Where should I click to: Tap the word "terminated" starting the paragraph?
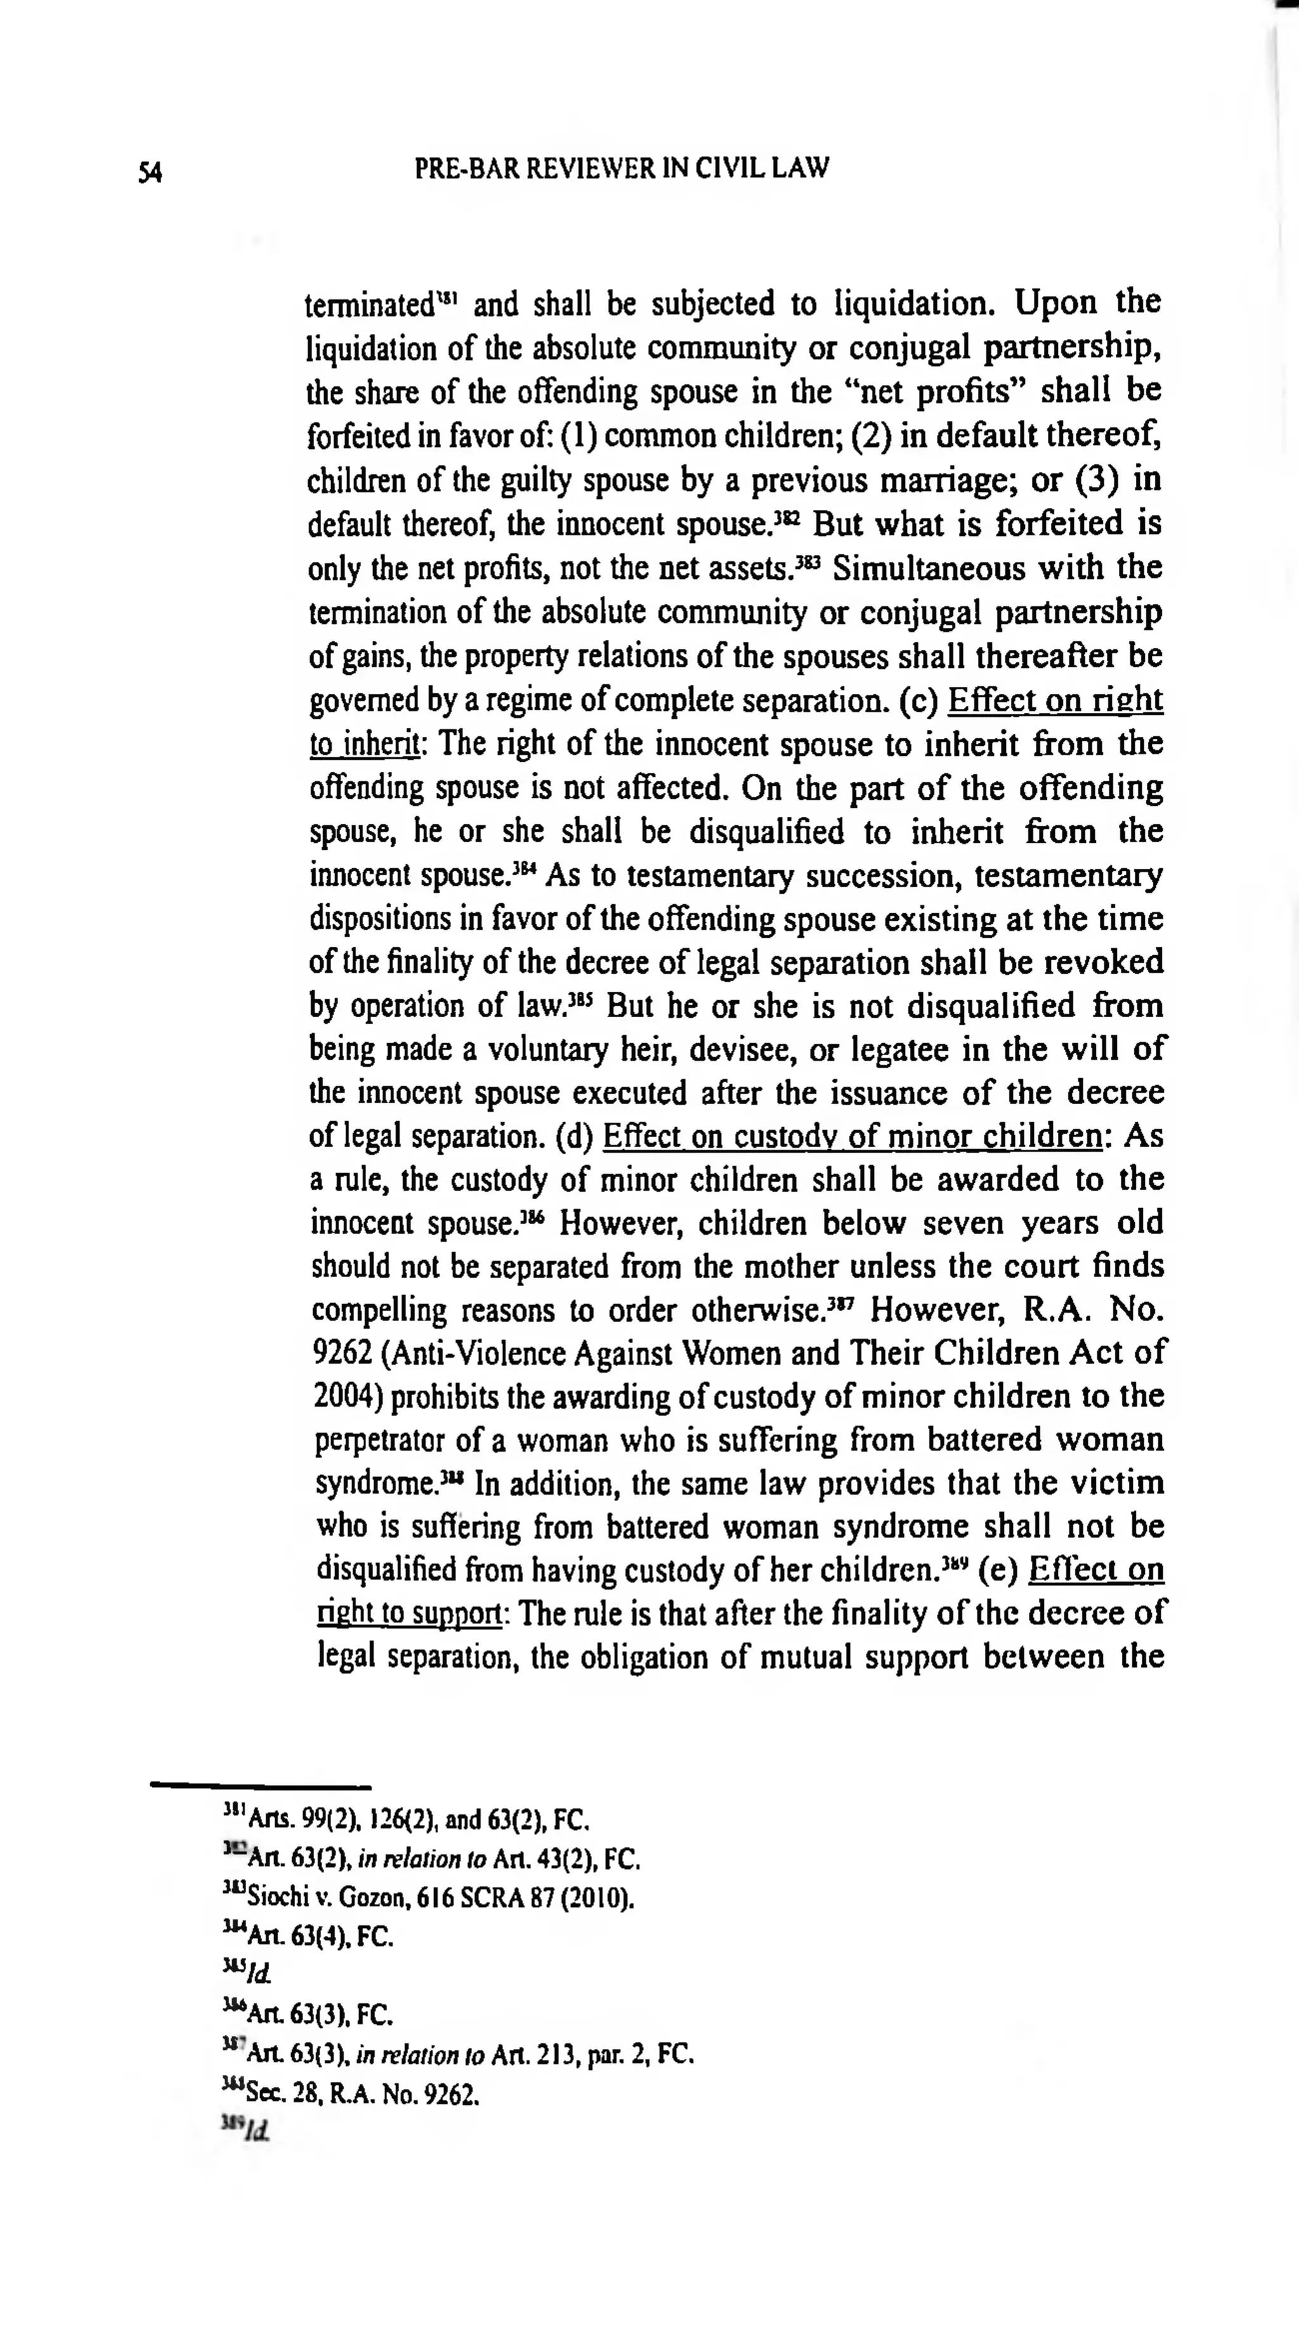(370, 304)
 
